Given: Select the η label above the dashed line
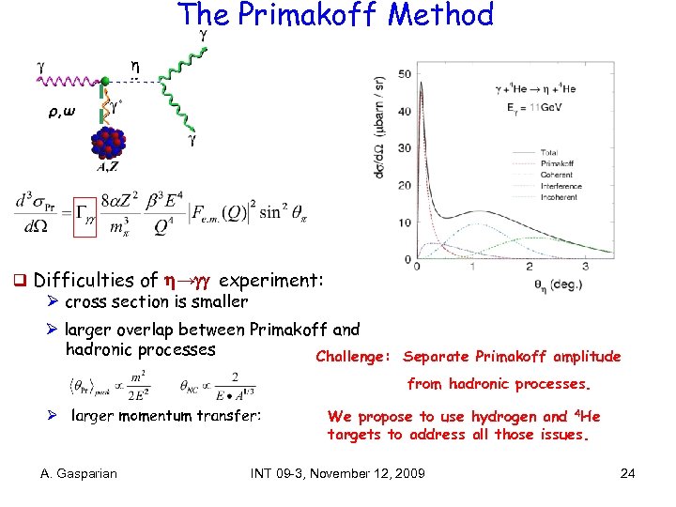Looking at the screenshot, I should click(134, 69).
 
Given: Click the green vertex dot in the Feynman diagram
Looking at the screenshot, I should click(106, 84).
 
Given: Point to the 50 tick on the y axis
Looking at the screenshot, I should click(405, 74).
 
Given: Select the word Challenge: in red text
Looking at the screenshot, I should click(354, 357).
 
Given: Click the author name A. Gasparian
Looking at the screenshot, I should click(79, 473).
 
